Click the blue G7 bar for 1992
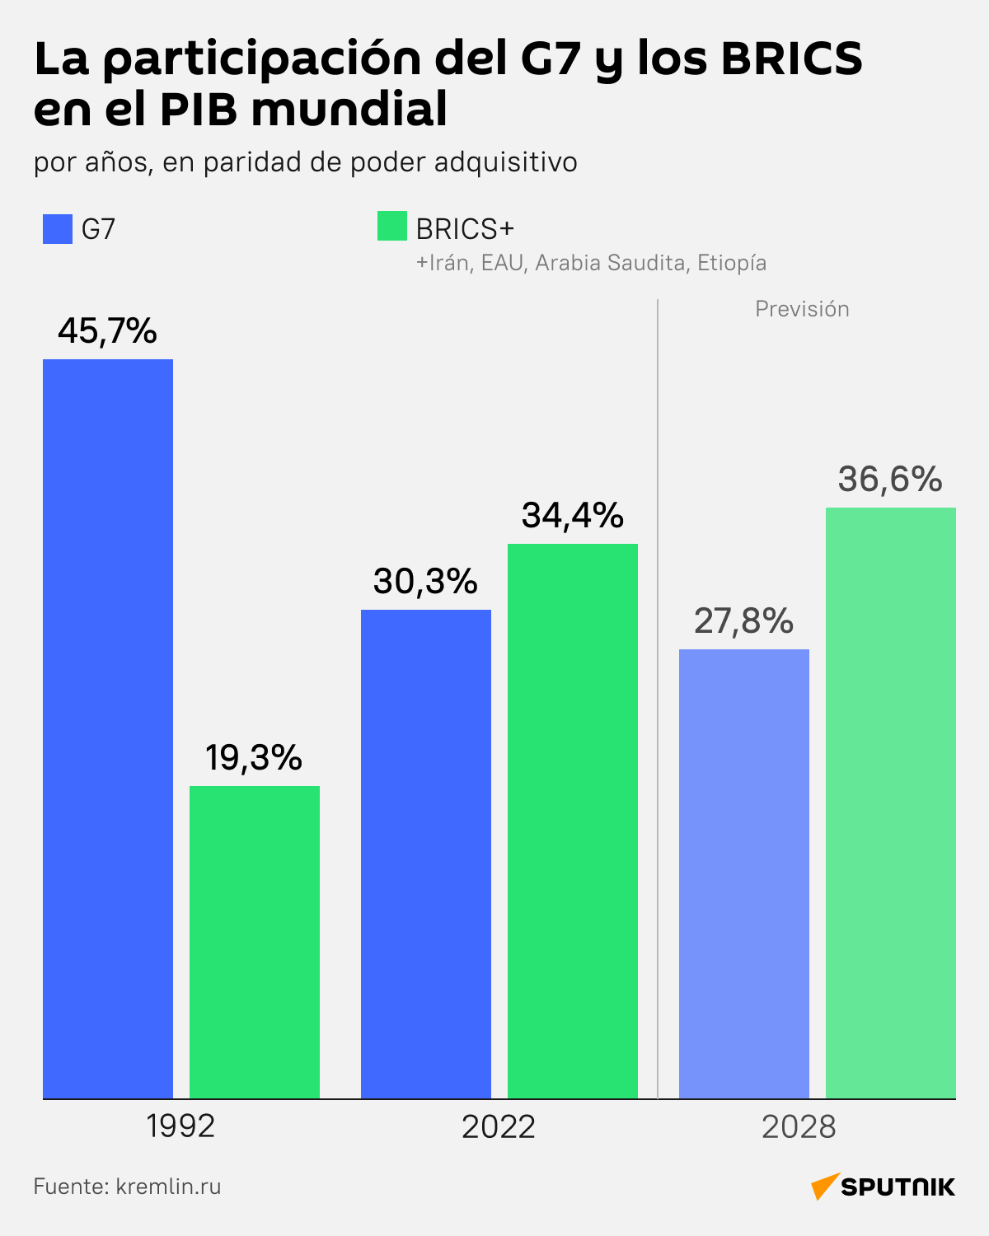pos(108,728)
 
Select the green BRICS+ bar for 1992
pos(255,942)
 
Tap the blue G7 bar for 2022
pos(426,854)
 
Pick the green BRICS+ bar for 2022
pos(573,821)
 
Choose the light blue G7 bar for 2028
pos(744,873)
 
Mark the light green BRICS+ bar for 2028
pos(891,803)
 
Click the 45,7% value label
pos(107,331)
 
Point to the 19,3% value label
pos(254,758)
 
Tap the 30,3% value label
pos(425,582)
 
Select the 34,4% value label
pos(573,516)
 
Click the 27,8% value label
pos(743,621)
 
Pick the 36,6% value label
pos(890,480)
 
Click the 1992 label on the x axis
pos(180,1126)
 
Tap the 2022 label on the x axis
pos(499,1126)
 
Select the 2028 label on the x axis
pos(799,1126)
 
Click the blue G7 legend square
pos(58,229)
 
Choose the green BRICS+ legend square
pos(392,227)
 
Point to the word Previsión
pos(802,309)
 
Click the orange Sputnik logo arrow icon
pos(825,1186)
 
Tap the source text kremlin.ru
pos(168,1187)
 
